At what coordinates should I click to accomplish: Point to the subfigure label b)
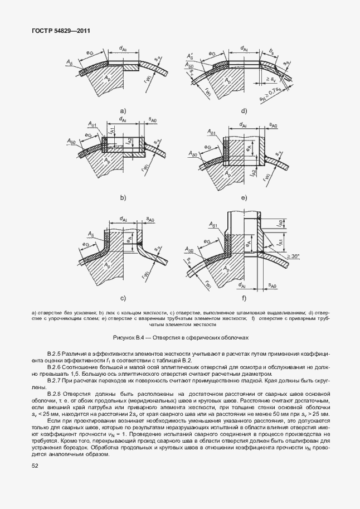coord(122,197)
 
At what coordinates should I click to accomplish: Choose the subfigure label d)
coord(244,110)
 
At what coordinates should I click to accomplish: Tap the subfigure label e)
coord(244,197)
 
